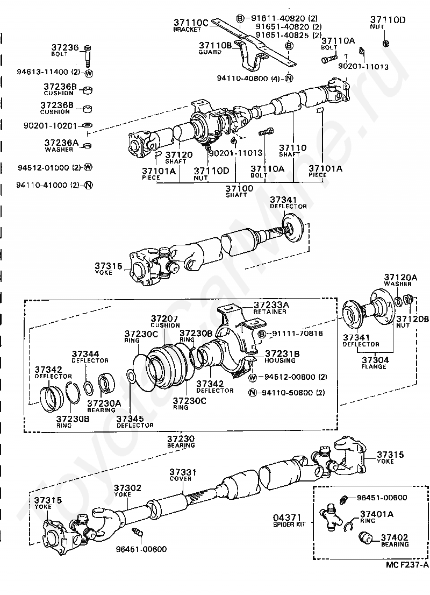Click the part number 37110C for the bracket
coord(190,22)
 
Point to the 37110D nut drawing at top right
coord(386,43)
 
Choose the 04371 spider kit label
coord(289,520)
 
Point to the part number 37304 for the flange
coord(374,360)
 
